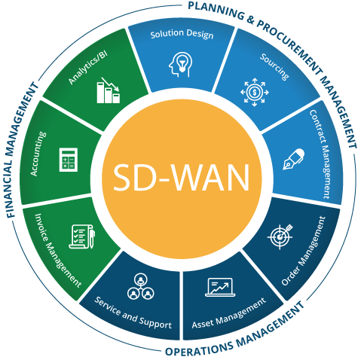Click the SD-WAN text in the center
coord(182,178)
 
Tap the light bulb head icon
coord(180,65)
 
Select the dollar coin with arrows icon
coord(255,92)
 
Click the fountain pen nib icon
coord(294,159)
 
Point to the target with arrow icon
coord(280,236)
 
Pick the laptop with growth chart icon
coord(220,287)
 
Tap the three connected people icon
coord(140,286)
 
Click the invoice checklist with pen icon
coord(82,236)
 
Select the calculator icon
coord(69,160)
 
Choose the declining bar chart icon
coord(109,90)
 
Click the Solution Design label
coord(182,34)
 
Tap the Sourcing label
coord(274,67)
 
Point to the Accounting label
coord(38,154)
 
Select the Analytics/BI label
coord(88,68)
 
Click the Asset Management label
coord(229,313)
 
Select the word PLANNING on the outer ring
coord(216,10)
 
